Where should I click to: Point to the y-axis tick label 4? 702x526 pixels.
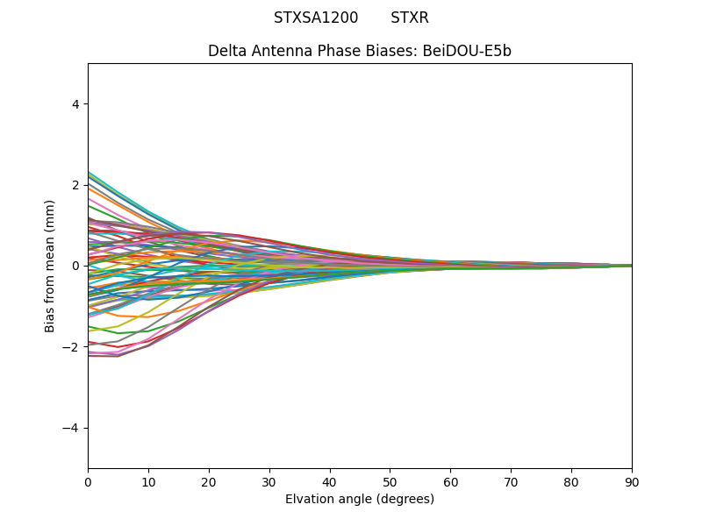76,104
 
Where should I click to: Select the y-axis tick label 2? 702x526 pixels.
76,185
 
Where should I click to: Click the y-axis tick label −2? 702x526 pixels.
73,347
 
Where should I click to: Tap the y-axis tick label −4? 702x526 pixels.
73,428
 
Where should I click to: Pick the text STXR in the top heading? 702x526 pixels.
410,18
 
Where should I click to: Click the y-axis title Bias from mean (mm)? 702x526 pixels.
51,266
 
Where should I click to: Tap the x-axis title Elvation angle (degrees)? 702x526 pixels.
360,499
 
